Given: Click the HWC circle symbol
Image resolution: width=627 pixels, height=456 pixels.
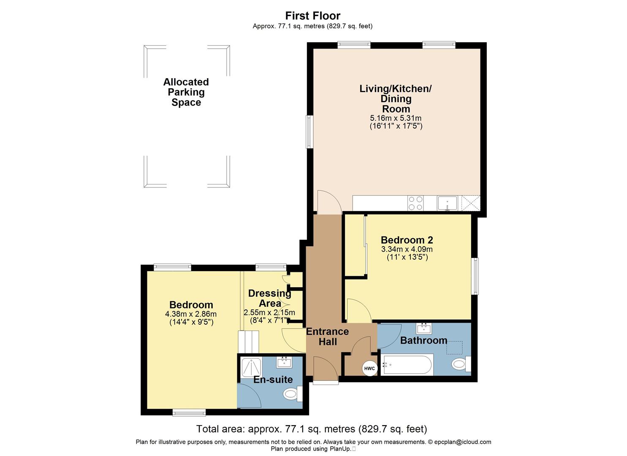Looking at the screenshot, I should click(x=369, y=368).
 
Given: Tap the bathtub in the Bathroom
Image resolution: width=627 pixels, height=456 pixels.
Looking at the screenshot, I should click(x=407, y=365).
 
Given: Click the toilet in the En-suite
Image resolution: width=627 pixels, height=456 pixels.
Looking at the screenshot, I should click(x=292, y=394).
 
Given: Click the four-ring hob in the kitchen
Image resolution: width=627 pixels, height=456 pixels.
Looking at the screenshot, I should click(x=415, y=203).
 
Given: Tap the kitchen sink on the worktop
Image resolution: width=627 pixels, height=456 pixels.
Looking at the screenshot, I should click(x=448, y=203).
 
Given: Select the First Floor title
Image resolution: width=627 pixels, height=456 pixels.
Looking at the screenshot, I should click(x=312, y=16).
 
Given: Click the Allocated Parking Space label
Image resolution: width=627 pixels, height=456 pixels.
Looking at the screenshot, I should click(x=186, y=92).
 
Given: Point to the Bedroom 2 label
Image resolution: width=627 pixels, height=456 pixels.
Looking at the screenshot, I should click(x=407, y=240).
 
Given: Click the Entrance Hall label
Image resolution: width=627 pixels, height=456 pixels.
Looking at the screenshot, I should click(x=328, y=337).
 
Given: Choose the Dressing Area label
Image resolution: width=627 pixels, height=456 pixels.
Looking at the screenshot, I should click(x=270, y=298).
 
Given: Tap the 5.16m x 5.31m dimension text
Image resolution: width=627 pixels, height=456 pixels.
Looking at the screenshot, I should click(x=396, y=118).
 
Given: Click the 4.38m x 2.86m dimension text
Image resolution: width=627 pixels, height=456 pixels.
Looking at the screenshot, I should click(x=191, y=314).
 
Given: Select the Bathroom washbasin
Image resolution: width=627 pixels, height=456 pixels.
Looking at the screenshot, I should click(x=423, y=328).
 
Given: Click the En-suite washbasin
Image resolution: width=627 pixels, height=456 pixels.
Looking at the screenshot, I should click(x=284, y=362).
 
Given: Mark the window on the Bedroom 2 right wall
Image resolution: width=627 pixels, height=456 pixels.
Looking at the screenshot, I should click(x=475, y=276).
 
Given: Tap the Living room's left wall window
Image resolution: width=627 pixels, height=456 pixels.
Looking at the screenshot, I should click(x=309, y=132).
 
